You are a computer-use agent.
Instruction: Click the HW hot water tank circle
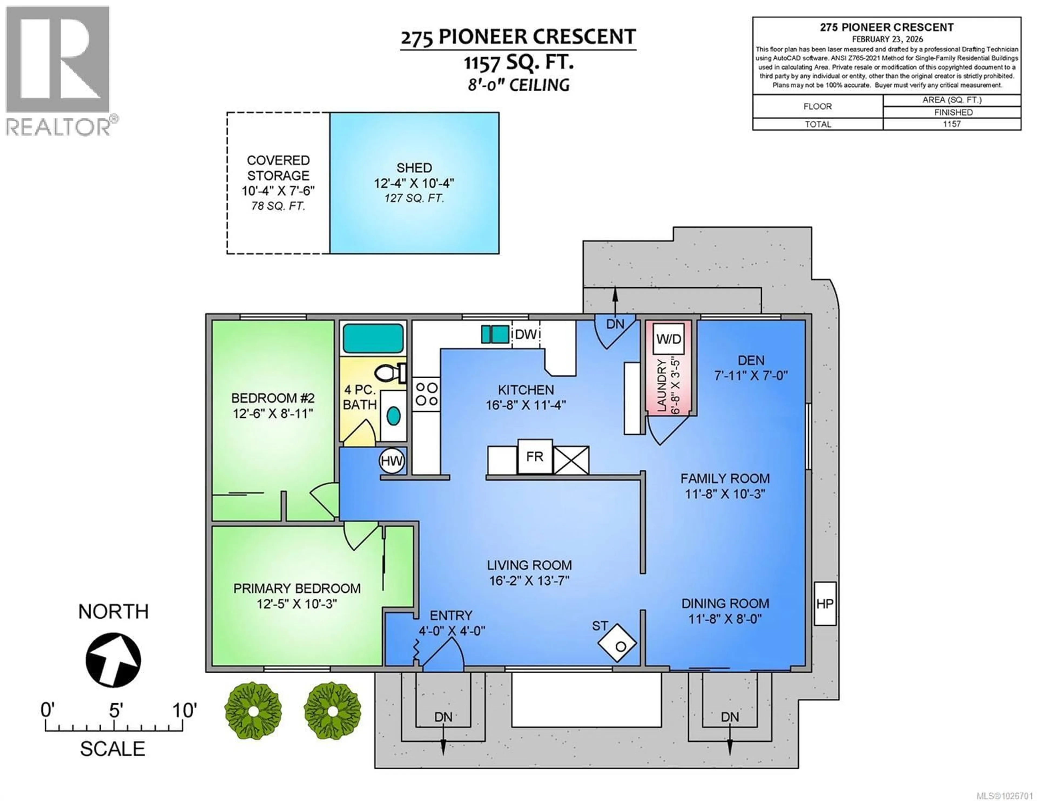point(392,461)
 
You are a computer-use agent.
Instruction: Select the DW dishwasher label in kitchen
point(526,334)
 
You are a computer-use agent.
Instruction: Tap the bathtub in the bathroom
point(373,338)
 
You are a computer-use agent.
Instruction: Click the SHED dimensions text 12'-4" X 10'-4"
point(414,183)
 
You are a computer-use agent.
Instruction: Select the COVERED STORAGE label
point(278,168)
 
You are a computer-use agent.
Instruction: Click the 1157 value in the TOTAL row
point(952,124)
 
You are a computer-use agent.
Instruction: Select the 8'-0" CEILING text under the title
point(518,85)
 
